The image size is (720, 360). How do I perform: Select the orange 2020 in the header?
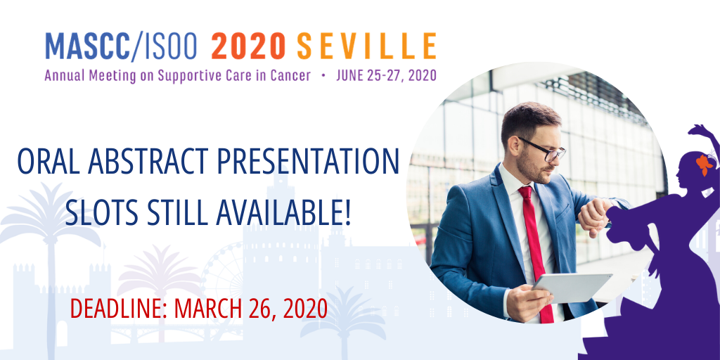[248, 46]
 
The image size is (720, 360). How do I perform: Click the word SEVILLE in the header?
[366, 46]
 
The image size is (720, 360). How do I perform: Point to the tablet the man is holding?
[572, 288]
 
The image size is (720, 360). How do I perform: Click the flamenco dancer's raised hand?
[697, 129]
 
